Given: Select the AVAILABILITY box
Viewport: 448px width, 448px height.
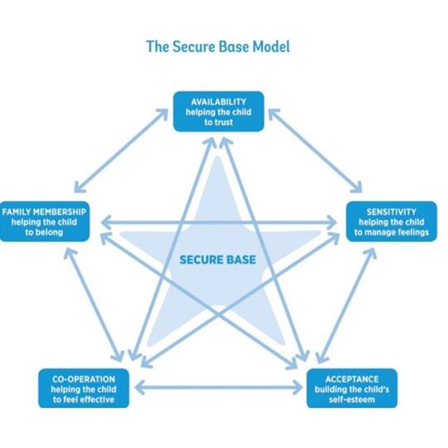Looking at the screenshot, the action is tap(218, 111).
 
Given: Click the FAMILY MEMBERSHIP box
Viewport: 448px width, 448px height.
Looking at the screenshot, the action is tap(44, 222).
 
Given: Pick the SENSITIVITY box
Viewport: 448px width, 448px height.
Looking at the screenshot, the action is tap(392, 222).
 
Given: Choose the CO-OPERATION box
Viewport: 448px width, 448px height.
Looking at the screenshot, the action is tap(84, 388).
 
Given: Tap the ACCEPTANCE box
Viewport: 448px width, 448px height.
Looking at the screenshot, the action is tap(352, 388).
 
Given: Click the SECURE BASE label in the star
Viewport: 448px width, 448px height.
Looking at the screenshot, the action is tap(217, 260).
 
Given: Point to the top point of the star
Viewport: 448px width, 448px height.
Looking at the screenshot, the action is tap(217, 157).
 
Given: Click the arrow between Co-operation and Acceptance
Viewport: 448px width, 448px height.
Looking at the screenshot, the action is tap(218, 387).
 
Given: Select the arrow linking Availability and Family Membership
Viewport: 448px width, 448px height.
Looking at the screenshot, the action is tap(121, 150).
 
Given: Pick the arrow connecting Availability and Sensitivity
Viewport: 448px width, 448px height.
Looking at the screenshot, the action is tap(315, 150).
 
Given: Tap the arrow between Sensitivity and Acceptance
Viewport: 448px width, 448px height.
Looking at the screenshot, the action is tap(346, 305).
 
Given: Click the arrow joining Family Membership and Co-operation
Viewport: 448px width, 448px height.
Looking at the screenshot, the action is tap(94, 304).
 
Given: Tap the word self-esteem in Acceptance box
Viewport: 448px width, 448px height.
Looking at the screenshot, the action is tap(352, 399).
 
